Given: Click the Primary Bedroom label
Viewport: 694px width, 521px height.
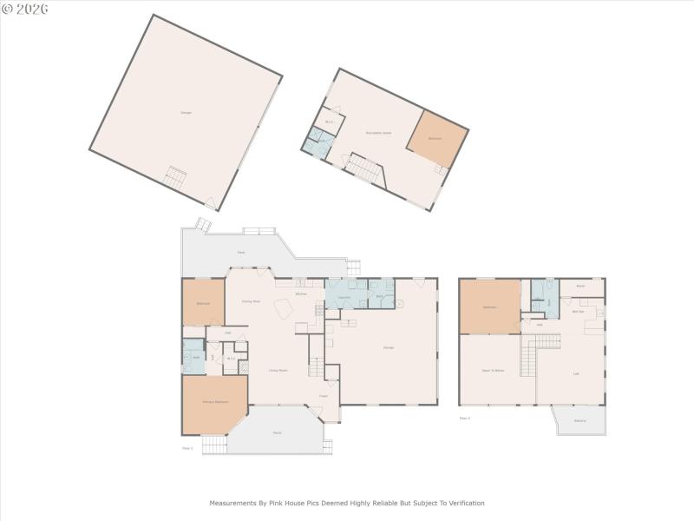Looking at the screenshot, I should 215,402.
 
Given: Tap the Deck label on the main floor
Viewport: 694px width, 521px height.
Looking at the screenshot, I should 240,253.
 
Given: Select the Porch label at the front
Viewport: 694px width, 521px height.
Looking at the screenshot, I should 276,432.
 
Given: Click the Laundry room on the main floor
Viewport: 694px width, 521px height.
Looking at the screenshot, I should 344,296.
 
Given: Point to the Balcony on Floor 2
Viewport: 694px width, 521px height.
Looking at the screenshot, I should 579,421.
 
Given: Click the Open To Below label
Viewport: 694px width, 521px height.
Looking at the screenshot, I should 493,370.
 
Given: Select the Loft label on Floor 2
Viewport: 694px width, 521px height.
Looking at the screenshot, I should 576,374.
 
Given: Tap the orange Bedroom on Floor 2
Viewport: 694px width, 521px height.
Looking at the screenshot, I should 489,307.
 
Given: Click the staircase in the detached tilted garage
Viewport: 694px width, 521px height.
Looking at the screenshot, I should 176,178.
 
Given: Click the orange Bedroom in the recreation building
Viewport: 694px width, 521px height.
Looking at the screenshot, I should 435,138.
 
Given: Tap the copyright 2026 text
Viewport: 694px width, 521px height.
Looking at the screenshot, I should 26,9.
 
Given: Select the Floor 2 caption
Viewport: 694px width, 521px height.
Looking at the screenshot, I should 464,418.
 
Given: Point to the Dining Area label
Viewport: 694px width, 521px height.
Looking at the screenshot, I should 251,300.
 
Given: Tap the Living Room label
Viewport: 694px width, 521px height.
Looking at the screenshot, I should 278,370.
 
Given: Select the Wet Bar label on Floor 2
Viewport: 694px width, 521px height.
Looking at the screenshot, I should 577,311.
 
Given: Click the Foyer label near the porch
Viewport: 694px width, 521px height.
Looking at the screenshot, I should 323,397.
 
